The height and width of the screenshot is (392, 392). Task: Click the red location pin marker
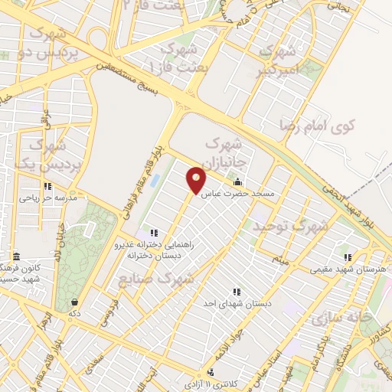coord(197,179)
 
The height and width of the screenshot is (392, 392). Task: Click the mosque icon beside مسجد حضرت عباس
coord(237,183)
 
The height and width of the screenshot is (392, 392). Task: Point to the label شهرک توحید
coord(292,226)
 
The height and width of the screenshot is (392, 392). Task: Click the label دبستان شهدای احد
coord(237,304)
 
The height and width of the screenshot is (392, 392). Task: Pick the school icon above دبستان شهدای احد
coord(237,292)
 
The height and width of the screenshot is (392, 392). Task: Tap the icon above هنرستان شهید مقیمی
coord(349,258)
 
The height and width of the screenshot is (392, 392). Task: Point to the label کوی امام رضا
coord(336,126)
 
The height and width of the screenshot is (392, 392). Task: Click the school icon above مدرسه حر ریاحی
coord(47,186)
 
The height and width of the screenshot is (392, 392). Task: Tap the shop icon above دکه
coord(73,302)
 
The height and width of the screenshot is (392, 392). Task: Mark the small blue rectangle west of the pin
coord(156,182)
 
